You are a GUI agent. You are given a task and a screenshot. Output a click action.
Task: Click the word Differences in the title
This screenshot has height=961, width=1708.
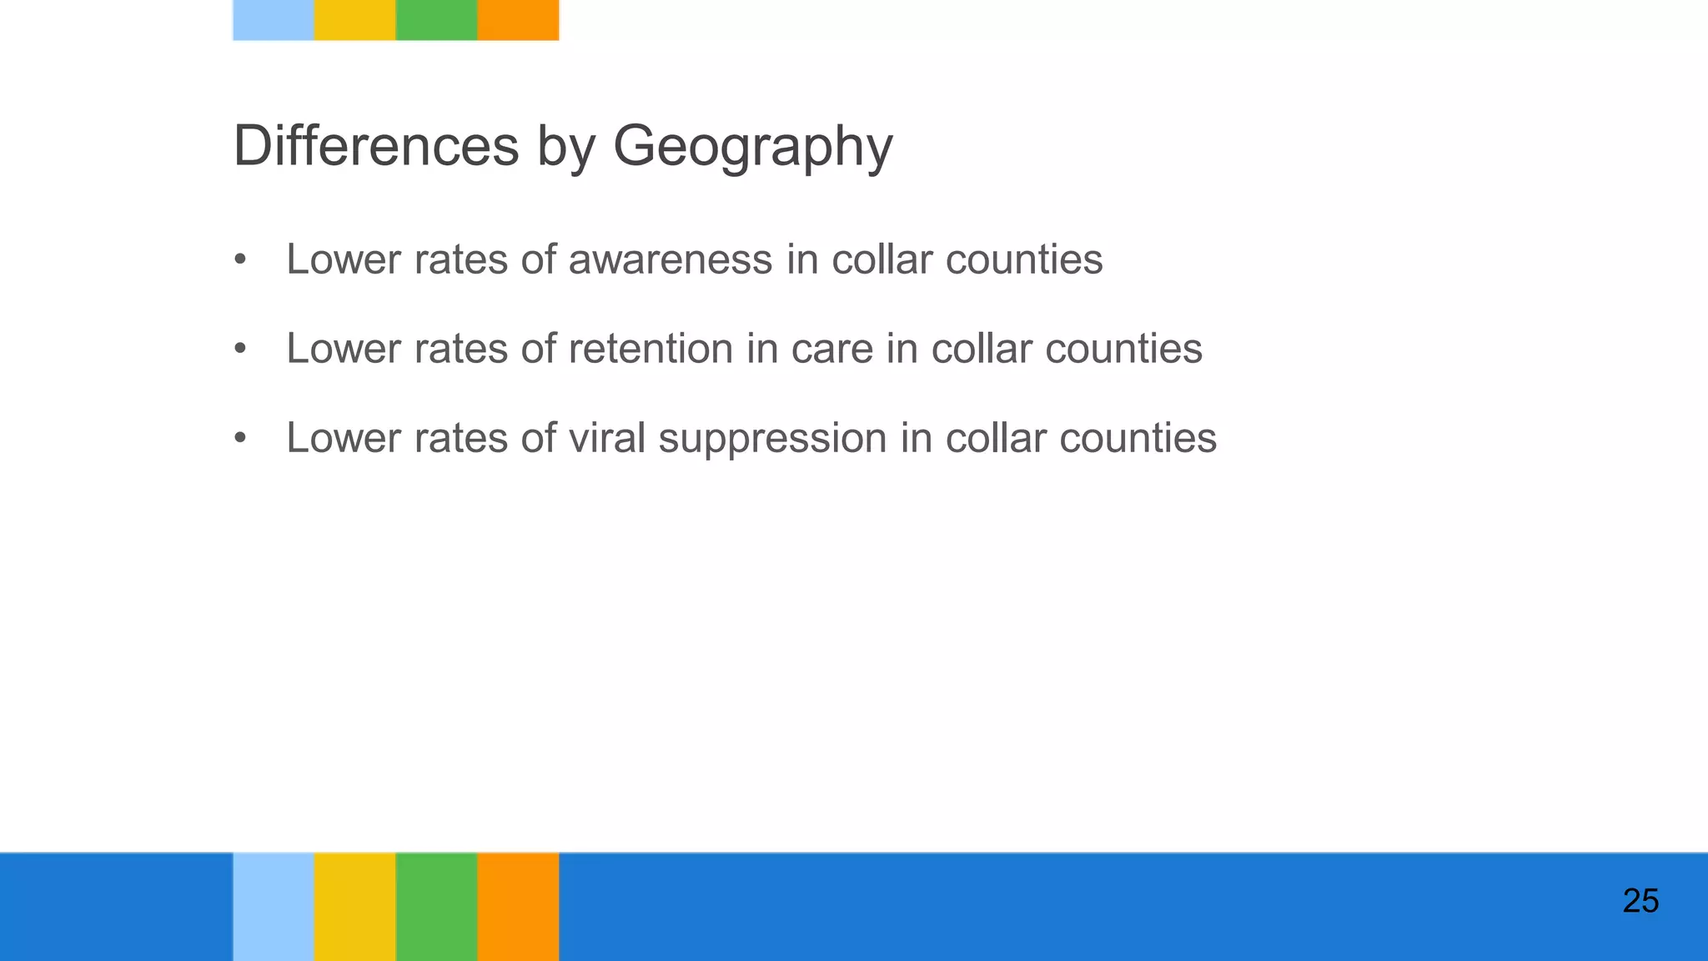[376, 146]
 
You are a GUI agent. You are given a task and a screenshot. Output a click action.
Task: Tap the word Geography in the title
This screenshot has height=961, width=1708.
[752, 148]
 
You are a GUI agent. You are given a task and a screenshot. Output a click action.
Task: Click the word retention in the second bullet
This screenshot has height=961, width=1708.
[651, 349]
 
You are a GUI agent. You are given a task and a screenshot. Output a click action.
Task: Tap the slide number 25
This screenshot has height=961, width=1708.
[1640, 902]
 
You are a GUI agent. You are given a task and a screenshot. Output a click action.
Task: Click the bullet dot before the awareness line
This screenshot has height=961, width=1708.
[240, 259]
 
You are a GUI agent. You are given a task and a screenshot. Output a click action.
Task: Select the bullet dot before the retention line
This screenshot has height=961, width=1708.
[240, 349]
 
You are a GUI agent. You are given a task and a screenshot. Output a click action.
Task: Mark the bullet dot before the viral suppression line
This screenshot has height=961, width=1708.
[240, 438]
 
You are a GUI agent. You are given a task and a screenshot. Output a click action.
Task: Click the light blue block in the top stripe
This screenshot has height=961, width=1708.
[274, 20]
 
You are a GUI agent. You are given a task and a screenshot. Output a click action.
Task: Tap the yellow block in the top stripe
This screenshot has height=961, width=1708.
[354, 20]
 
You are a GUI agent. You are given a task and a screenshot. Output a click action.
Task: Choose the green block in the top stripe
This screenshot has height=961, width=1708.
[436, 20]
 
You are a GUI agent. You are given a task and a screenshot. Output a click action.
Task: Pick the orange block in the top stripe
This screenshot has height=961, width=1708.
[518, 20]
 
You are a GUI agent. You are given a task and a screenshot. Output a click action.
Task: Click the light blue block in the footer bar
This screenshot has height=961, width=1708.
[274, 907]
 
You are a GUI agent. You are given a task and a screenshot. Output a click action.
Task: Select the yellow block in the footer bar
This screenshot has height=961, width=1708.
[354, 907]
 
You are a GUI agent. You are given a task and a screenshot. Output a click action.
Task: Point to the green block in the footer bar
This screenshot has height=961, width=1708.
[436, 907]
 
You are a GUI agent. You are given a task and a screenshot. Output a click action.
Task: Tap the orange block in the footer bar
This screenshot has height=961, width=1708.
[518, 907]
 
